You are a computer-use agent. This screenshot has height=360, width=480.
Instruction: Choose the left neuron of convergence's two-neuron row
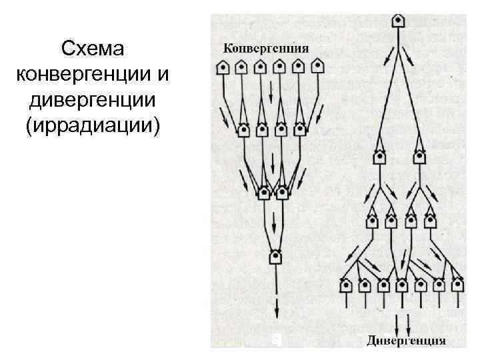264,193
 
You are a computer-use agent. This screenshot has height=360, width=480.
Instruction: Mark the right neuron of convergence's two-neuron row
283,193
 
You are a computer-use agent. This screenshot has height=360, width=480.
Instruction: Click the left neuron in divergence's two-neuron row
379,157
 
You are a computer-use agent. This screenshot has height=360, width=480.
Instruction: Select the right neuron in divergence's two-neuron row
419,157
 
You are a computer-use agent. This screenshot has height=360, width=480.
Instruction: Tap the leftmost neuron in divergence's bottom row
347,285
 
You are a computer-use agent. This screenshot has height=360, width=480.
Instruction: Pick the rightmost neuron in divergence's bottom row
457,285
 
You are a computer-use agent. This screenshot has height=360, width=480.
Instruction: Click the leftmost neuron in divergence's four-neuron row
371,221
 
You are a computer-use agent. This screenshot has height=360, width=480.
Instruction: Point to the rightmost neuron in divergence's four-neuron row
430,221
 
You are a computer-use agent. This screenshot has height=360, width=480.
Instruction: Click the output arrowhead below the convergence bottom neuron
276,313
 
